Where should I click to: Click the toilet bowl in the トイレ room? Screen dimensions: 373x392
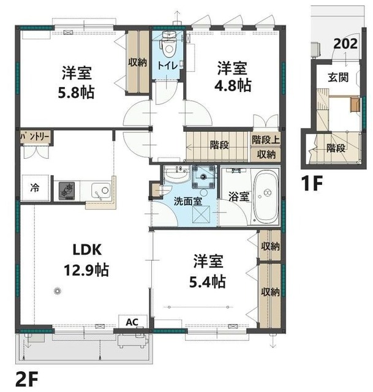coord(168,46)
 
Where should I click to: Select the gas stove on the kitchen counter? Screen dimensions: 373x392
coord(67,190)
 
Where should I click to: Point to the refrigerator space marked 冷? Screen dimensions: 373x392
coord(34,187)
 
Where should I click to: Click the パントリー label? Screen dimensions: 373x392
coord(35,137)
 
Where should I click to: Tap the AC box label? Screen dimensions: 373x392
coord(132,322)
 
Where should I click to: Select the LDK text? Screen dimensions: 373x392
coord(87,249)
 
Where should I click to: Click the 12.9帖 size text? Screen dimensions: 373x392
coord(86,270)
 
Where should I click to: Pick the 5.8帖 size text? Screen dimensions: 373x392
coord(76,92)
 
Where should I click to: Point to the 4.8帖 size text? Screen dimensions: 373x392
coord(233,86)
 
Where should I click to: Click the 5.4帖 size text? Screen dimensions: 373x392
coord(208,282)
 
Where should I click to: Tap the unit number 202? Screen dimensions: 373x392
coord(345,44)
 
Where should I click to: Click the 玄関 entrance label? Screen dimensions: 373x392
coord(338,78)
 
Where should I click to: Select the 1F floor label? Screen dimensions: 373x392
coord(312,183)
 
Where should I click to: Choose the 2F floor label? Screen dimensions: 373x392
coord(26,379)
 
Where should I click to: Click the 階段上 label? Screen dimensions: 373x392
coord(265,140)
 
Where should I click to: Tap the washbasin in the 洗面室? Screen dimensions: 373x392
coord(176,175)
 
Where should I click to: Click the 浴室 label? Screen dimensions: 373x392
coord(239,197)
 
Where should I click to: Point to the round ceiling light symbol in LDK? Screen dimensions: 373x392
coord(58,291)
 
